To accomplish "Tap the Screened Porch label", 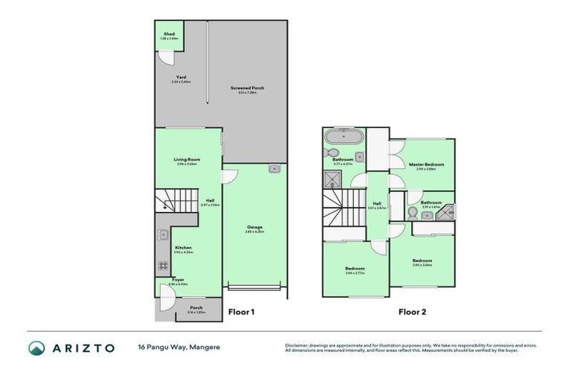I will click(x=247, y=88).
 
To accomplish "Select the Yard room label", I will click(x=181, y=77).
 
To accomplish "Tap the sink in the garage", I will click(x=274, y=168).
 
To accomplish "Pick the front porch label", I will click(x=196, y=307).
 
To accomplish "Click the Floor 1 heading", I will click(x=242, y=312).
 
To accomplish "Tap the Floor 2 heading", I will click(x=412, y=312).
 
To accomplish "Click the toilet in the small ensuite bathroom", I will click(x=426, y=215).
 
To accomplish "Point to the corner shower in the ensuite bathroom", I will click(x=446, y=213).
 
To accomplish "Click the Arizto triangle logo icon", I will click(x=36, y=348).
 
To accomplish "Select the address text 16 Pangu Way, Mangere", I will click(x=178, y=348).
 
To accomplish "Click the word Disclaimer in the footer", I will click(x=297, y=345).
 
